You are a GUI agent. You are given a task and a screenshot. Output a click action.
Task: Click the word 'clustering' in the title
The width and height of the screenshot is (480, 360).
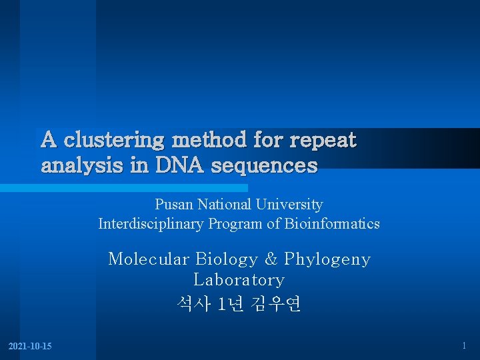coord(115,141)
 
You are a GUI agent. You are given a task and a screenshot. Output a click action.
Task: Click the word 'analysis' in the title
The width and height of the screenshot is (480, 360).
coord(83,166)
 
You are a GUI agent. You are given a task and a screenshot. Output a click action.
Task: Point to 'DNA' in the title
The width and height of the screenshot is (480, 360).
coord(179,165)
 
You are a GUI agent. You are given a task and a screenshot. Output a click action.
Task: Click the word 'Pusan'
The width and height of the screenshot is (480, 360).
coord(173,205)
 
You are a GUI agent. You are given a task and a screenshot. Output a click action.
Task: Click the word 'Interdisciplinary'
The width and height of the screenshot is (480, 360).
coord(151,224)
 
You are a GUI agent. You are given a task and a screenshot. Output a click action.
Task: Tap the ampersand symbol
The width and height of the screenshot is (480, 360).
coord(271,259)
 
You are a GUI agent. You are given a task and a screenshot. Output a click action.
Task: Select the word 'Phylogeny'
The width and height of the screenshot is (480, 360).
coord(327,259)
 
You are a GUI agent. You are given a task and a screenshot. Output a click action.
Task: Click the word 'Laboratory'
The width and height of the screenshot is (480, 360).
coord(239,280)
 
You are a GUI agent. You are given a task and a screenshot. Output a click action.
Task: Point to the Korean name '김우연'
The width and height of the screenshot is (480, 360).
coord(276,304)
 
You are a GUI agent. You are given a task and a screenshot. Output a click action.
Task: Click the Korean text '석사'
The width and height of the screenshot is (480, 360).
coord(193,304)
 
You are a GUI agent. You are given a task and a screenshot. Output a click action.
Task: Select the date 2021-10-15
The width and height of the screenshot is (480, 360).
coord(30,346)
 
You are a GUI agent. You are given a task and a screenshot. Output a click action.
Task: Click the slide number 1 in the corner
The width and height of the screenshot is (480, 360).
coord(464,345)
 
